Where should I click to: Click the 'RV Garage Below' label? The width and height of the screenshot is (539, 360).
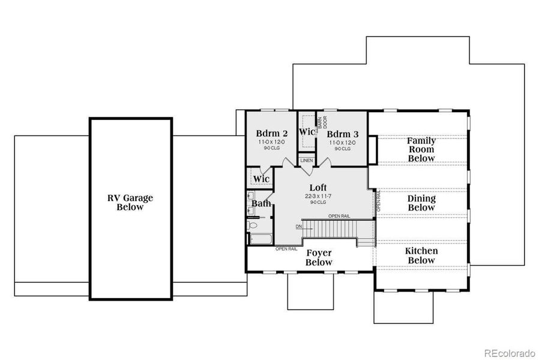pos(130,202)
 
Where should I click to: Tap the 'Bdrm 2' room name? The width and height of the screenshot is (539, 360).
pos(272,133)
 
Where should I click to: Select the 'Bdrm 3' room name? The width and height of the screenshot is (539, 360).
pos(343,133)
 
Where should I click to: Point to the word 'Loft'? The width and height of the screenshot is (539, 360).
pos(318,188)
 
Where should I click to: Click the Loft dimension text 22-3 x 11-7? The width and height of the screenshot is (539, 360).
pos(318,196)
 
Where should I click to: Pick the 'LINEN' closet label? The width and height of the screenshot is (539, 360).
pos(306,161)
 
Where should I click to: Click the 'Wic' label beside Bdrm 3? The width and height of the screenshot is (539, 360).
pos(307,131)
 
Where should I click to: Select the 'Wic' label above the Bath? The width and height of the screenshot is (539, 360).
pos(260,179)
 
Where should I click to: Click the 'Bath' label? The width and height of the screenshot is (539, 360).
pos(261,204)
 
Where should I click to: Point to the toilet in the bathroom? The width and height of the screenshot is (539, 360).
pos(253,226)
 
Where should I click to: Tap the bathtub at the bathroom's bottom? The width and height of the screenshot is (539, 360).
pos(260,239)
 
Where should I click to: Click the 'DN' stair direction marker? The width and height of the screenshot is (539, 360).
pos(299,227)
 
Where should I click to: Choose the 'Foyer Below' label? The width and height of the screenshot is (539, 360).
pos(319,258)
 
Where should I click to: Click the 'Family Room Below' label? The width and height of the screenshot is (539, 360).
pos(421,149)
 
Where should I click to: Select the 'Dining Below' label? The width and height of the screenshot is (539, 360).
pos(421,203)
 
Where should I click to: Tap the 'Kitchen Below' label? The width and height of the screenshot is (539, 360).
pos(421,256)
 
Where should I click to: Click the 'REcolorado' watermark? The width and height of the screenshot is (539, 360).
pos(510,352)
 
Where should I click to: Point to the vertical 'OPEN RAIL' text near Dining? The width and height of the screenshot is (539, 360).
pos(379,201)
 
